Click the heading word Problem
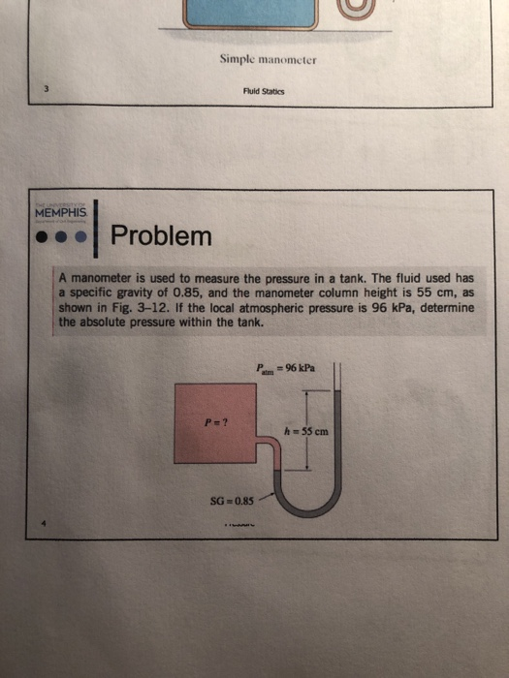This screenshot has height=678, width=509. point(160,235)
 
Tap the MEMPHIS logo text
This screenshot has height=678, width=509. point(60,211)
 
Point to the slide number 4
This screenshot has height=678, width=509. point(44,524)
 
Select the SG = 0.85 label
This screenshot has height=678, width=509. point(231,503)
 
